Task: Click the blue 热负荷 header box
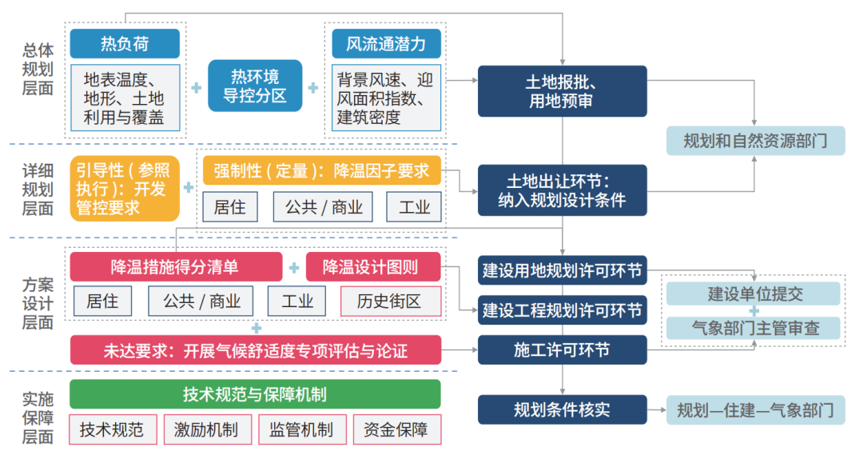click(125, 43)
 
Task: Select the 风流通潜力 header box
click(387, 43)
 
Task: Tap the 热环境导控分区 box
click(255, 86)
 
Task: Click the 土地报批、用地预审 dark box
click(562, 91)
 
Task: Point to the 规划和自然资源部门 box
click(755, 141)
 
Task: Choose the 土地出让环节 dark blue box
click(562, 190)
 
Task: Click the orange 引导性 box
click(125, 189)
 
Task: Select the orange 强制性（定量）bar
click(322, 170)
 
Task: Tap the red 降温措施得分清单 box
click(176, 267)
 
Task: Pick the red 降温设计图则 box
click(373, 267)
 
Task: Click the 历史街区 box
click(391, 301)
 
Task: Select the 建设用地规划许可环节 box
click(562, 270)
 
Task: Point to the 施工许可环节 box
click(562, 350)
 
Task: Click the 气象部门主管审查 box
click(754, 328)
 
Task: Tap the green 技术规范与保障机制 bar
click(255, 394)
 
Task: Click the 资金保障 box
click(397, 429)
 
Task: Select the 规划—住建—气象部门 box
click(755, 409)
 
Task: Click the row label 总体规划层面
click(38, 70)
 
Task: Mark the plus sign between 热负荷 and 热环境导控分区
click(197, 87)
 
